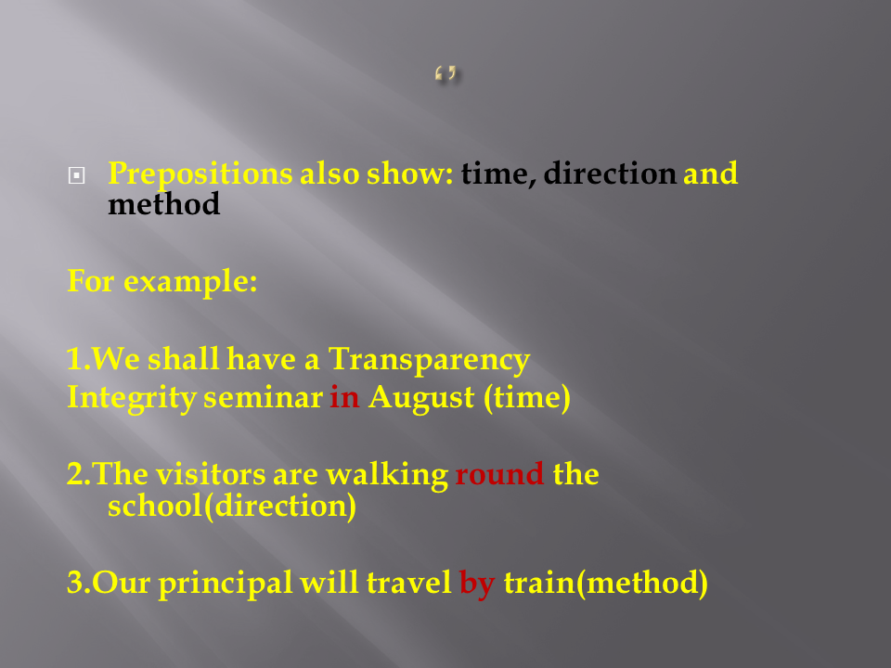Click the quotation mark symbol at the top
coord(446,74)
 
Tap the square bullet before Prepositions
coord(77,175)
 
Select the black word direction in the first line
coord(610,173)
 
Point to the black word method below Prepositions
coord(163,203)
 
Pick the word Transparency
coord(429,360)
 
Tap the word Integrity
coord(132,398)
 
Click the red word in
coord(344,396)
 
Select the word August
coord(421,398)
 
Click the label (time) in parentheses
coord(527,398)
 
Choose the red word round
coord(499,474)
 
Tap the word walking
coord(387,475)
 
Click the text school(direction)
coord(232,506)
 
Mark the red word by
coord(477,584)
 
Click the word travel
coord(409,583)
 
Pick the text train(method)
coord(606,584)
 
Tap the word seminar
coord(263,398)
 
